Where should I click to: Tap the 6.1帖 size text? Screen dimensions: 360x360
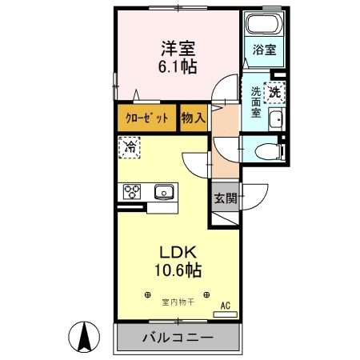pos(178,67)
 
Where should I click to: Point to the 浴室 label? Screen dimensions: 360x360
pos(264,50)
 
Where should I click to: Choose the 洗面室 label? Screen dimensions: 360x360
pos(255,102)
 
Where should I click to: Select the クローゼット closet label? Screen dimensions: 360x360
pos(147,118)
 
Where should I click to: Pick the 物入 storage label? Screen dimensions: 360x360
pos(194,118)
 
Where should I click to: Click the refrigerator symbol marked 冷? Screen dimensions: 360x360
pos(130,147)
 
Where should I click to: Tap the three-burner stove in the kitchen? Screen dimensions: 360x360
pos(131,191)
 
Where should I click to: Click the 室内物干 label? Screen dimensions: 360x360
pos(178,302)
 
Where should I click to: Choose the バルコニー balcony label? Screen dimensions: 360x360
pos(178,338)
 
